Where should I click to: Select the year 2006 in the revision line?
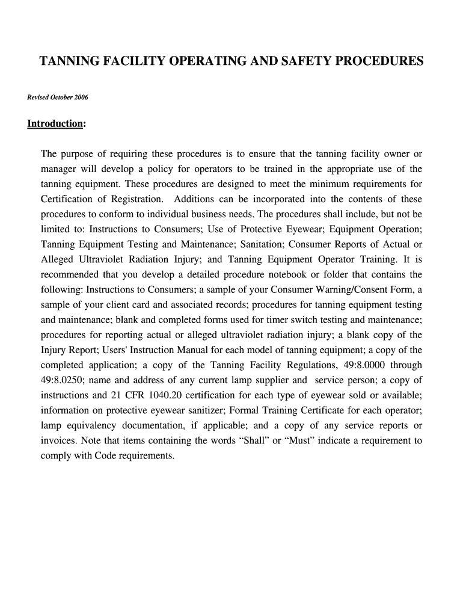[x=80, y=97]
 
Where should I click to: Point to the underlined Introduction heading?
[x=55, y=124]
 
